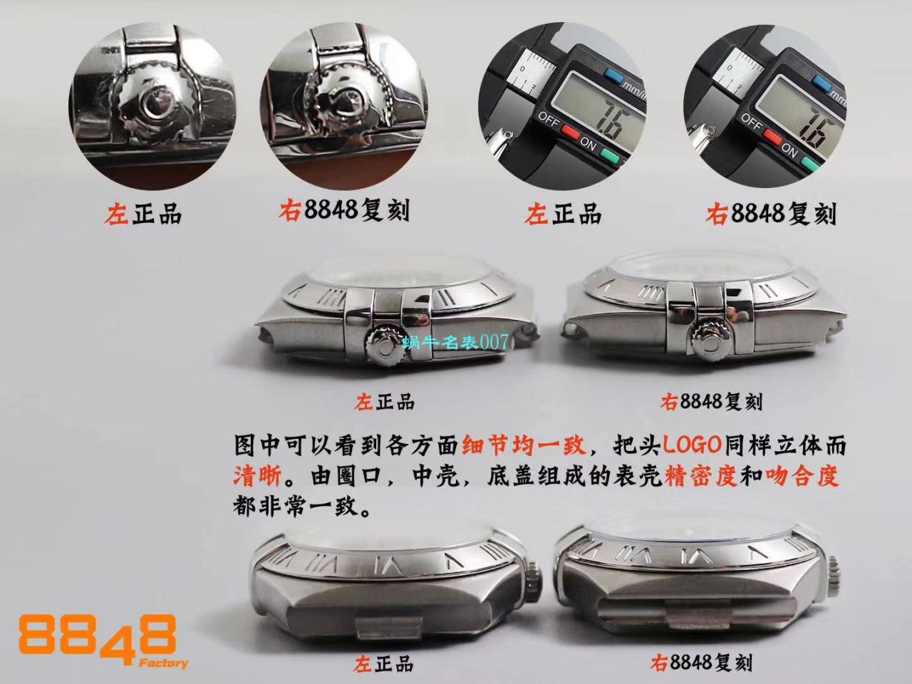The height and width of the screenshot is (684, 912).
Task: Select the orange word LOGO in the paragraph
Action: (693, 446)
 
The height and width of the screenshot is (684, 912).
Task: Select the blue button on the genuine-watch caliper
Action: (613, 73)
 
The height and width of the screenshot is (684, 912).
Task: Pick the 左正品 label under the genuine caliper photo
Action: (562, 213)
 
